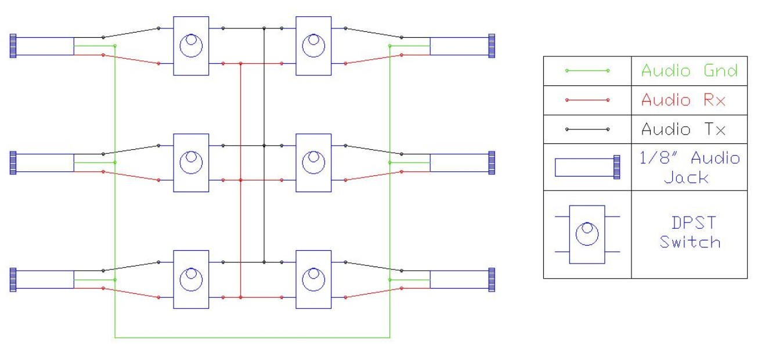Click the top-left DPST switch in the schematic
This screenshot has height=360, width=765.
tap(191, 46)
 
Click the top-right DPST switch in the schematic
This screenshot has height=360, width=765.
tap(313, 46)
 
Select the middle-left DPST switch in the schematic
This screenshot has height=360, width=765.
tap(191, 163)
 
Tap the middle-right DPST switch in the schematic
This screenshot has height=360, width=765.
tap(313, 163)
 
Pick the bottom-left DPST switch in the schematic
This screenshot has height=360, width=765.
tap(191, 279)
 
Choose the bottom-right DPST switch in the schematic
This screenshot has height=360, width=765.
tap(313, 279)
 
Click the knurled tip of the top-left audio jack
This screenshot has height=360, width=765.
tap(13, 46)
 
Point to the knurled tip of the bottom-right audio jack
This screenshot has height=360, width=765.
tap(492, 279)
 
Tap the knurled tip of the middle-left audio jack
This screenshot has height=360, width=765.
tap(13, 163)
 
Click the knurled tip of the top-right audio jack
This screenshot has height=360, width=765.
tap(492, 46)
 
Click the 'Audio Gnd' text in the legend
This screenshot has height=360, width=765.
tap(689, 71)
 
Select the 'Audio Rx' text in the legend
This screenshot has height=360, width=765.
tap(684, 100)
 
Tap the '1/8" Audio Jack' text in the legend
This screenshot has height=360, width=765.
tap(689, 167)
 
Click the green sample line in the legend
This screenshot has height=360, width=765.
tap(587, 71)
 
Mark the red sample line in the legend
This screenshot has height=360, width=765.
tap(587, 100)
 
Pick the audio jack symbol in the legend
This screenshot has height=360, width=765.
tap(587, 167)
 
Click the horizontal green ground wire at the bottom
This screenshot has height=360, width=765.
tap(252, 337)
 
